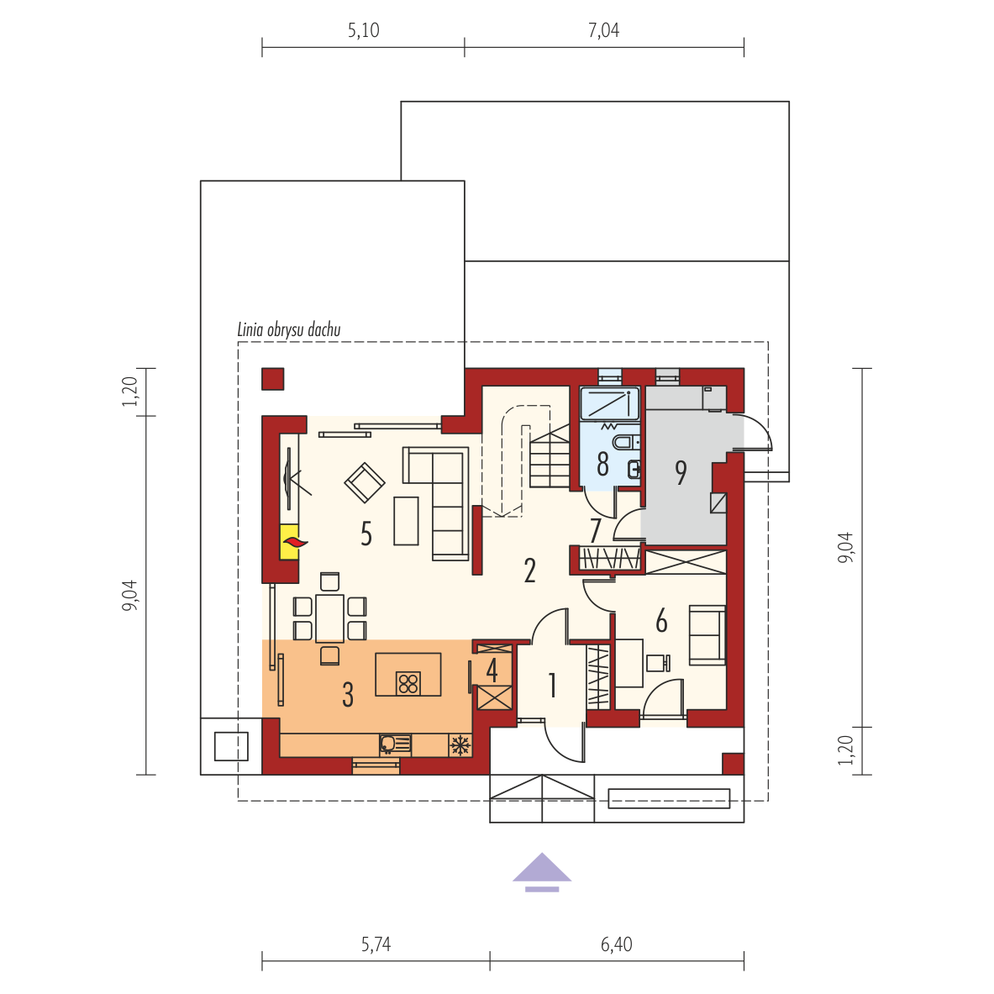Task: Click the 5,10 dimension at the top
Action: (363, 30)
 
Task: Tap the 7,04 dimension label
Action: (603, 30)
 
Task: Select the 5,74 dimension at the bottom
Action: (376, 944)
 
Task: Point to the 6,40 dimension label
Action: (616, 944)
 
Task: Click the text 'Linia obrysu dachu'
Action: (289, 329)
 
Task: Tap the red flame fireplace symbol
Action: (295, 542)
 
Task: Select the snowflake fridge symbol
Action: (460, 744)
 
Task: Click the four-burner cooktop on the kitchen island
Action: (408, 683)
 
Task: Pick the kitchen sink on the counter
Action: (395, 744)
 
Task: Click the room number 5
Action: (366, 534)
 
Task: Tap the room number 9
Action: (681, 472)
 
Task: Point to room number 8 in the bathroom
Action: (602, 464)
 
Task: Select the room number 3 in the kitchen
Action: (347, 695)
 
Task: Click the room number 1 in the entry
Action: (552, 686)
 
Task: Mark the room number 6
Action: (661, 621)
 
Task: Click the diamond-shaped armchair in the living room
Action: (365, 482)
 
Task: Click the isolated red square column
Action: (272, 379)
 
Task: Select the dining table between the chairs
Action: (329, 618)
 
